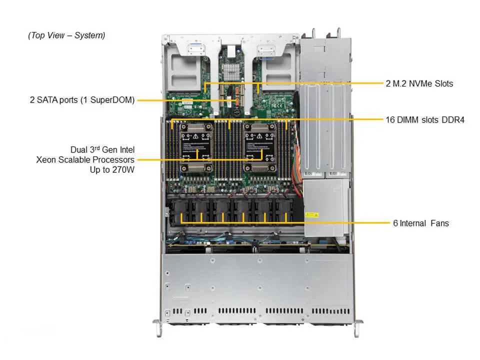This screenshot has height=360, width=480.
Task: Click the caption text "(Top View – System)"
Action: tap(66, 35)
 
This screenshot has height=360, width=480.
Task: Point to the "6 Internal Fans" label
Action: tap(420, 223)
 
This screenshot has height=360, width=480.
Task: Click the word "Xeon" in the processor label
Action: tap(46, 160)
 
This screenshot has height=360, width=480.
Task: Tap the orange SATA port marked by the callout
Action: tap(238, 101)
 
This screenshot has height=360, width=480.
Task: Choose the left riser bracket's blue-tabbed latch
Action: tap(194, 49)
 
